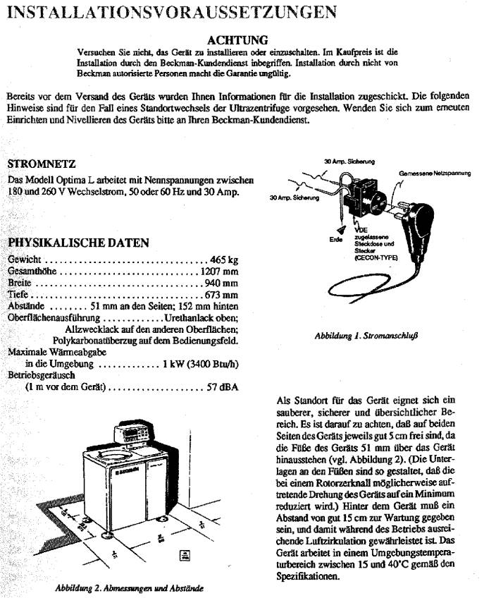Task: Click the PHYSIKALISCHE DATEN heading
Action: pyautogui.click(x=78, y=243)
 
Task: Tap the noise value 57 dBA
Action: pyautogui.click(x=223, y=387)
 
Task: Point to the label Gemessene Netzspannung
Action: pyautogui.click(x=435, y=172)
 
